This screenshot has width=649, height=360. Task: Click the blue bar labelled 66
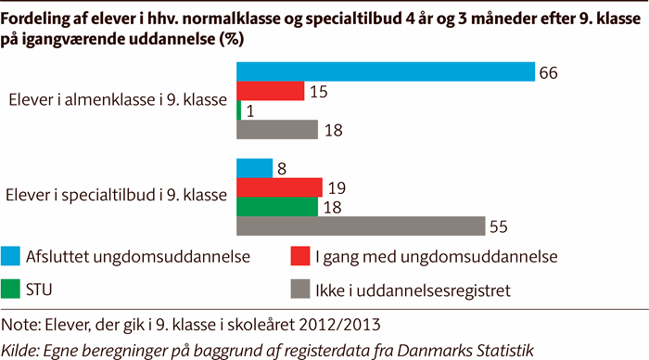coord(386,71)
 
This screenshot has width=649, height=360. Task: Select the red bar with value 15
coord(271,90)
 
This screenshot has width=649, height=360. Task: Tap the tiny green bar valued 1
coord(239,109)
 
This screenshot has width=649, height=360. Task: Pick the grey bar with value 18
coord(277,129)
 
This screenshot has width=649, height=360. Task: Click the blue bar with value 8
coord(255,168)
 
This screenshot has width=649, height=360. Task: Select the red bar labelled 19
coord(280,187)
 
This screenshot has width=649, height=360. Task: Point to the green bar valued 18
coord(277,206)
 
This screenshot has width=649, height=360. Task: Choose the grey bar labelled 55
coord(361,225)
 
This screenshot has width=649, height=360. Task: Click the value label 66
coord(549,72)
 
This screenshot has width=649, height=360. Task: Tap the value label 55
coord(499,226)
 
